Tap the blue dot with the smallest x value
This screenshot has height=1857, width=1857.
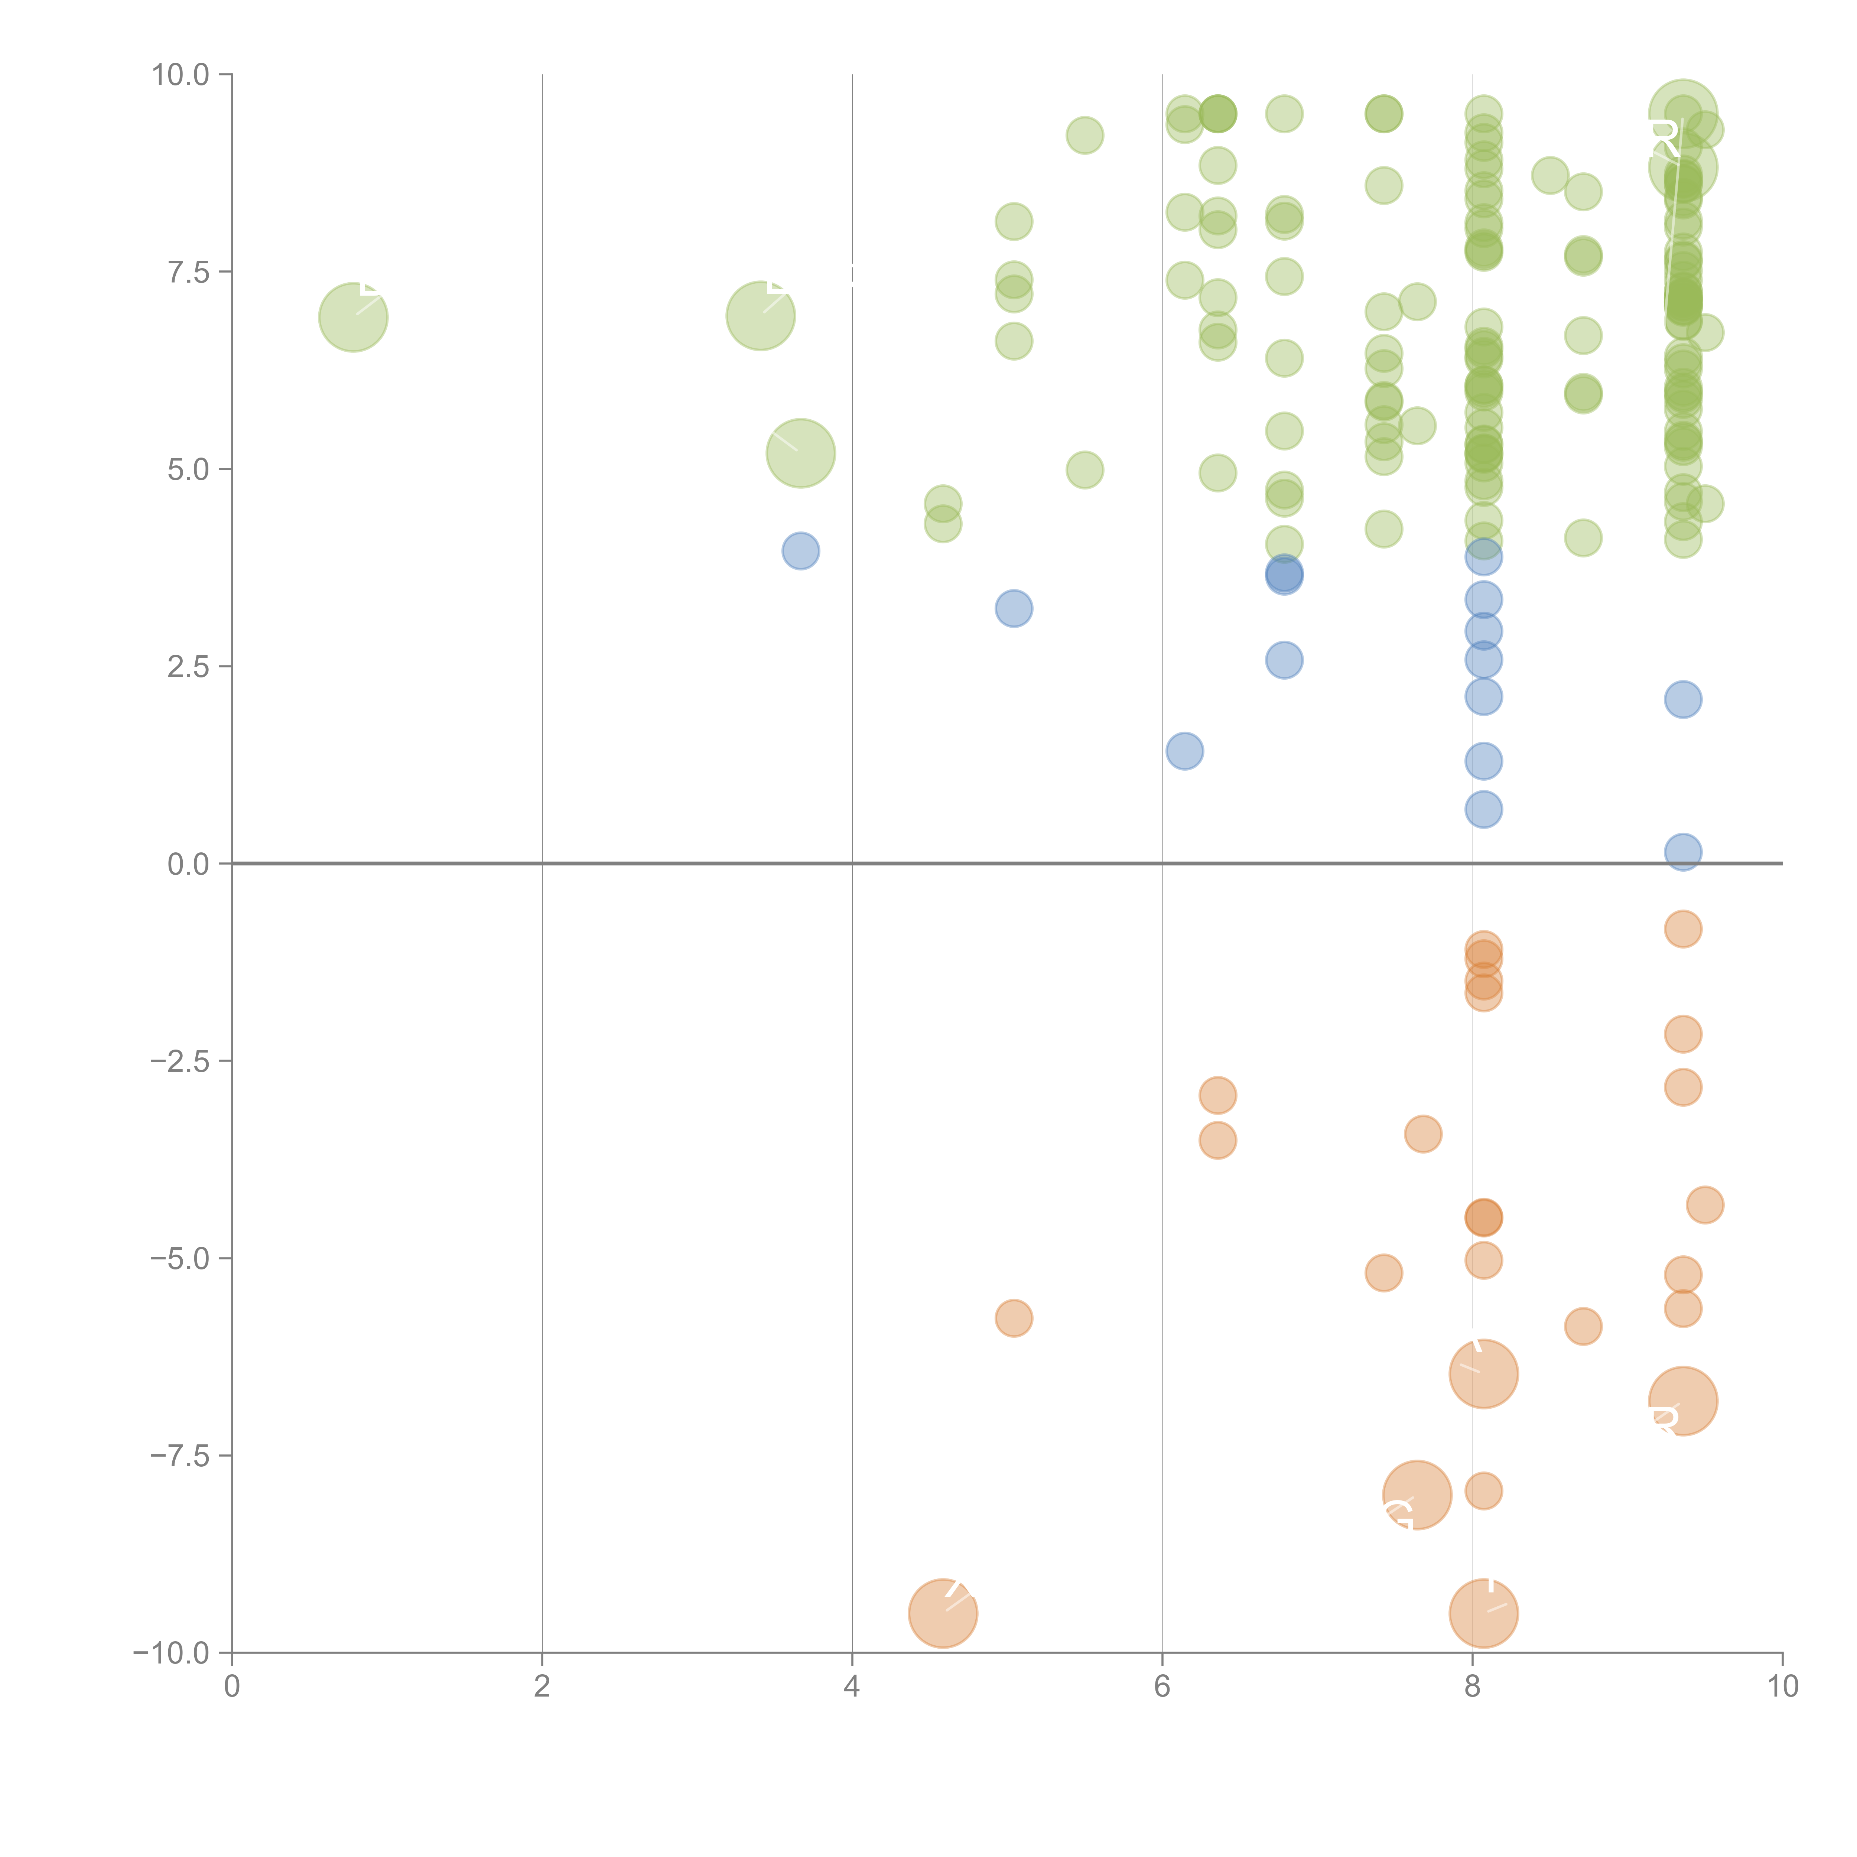coord(801,551)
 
